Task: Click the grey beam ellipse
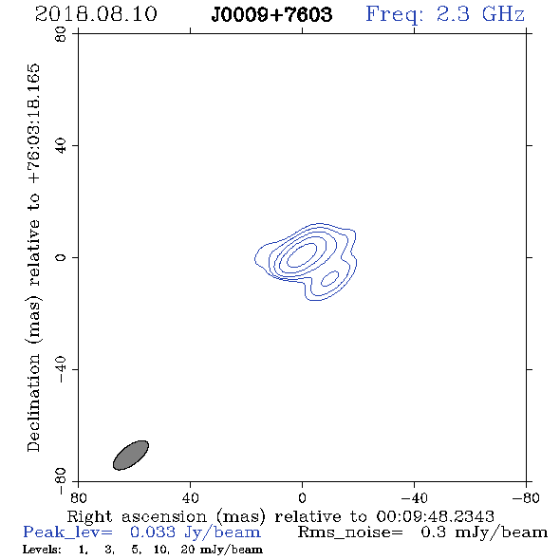(x=131, y=455)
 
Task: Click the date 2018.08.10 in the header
(x=96, y=14)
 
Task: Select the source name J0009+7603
(x=271, y=14)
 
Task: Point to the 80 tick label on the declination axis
(x=61, y=34)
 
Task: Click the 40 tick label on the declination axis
(x=61, y=146)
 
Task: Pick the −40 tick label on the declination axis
(x=61, y=369)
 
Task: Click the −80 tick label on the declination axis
(x=61, y=481)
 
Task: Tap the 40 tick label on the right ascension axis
(x=190, y=498)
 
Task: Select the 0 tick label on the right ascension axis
(x=302, y=498)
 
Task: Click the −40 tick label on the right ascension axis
(x=414, y=498)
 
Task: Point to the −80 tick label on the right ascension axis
(x=525, y=498)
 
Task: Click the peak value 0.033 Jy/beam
(x=195, y=532)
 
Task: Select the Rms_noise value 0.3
(x=433, y=532)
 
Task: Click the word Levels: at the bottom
(x=42, y=550)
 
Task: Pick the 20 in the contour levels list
(x=188, y=550)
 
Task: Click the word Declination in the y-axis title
(x=33, y=402)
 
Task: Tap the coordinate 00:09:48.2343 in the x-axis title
(x=435, y=516)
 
